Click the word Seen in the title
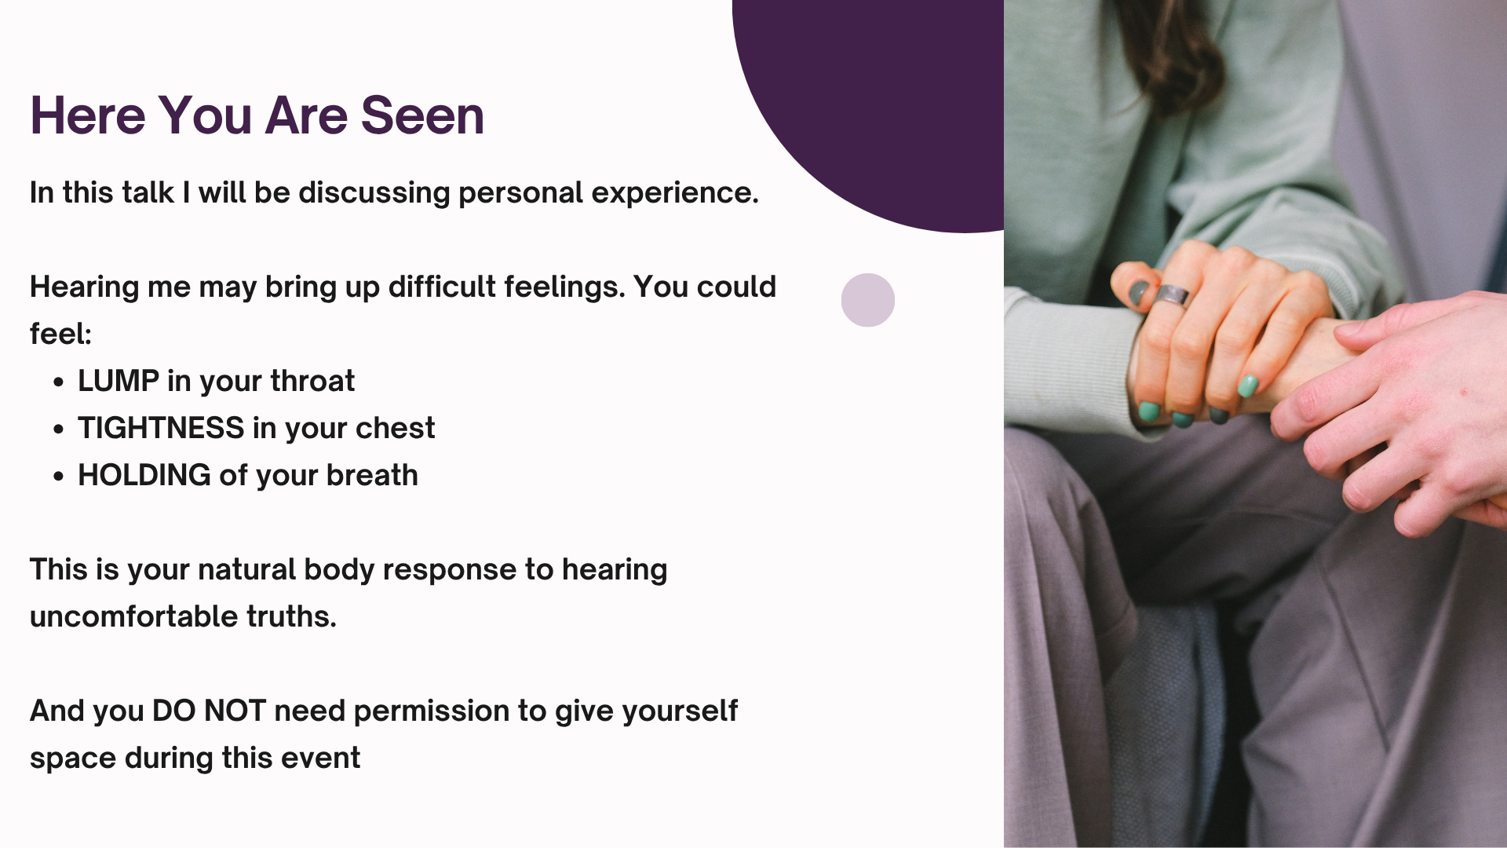click(x=422, y=115)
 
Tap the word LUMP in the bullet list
click(x=119, y=381)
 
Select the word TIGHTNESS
click(x=161, y=428)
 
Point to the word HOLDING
click(x=144, y=475)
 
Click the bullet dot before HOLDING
click(x=59, y=477)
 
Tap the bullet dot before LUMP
click(x=59, y=382)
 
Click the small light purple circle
click(x=868, y=300)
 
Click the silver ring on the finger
click(x=1172, y=295)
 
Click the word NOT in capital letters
click(x=235, y=711)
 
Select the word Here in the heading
click(x=88, y=115)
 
